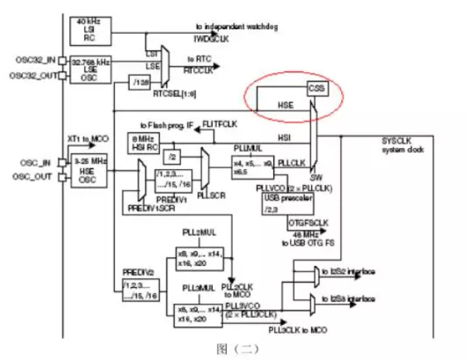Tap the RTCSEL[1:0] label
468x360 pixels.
[171, 95]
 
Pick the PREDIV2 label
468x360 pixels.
[137, 271]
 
